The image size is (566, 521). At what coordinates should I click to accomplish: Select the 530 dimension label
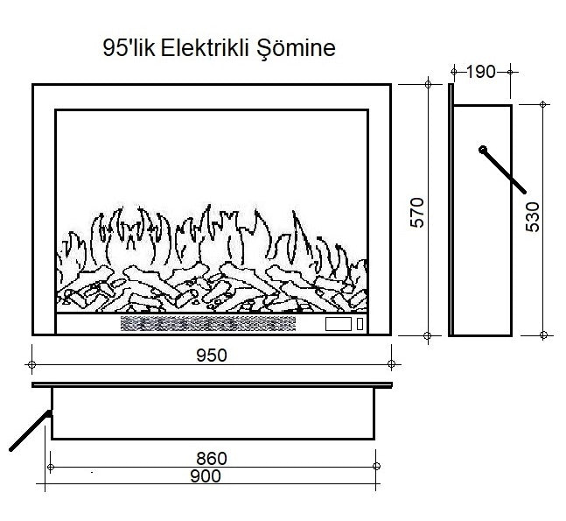[534, 217]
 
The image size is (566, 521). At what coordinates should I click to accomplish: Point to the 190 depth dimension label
[480, 72]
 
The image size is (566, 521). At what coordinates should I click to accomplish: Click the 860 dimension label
[212, 458]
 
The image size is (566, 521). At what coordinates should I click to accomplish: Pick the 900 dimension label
[204, 476]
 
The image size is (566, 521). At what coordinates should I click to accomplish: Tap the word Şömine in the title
[300, 49]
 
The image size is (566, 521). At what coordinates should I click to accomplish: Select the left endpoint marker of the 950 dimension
[32, 363]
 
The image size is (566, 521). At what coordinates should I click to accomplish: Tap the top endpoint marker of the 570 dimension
[428, 84]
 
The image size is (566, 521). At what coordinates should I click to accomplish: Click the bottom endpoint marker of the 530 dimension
[544, 335]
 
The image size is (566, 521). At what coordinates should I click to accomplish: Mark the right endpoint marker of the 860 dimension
[376, 466]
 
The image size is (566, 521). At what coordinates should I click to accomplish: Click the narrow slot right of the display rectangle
[360, 325]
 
